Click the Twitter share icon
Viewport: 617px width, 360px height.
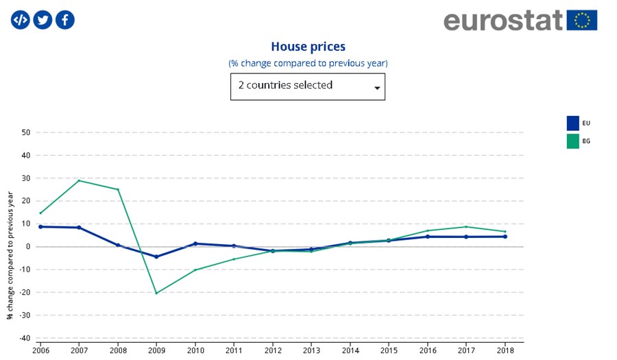pos(43,20)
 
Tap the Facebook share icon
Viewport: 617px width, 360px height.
pos(65,20)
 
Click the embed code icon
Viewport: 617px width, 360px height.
pos(21,20)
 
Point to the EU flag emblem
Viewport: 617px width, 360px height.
pos(582,20)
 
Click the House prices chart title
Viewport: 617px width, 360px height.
pos(308,47)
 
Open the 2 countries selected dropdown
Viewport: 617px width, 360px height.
pos(308,86)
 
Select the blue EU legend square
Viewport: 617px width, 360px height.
pos(572,123)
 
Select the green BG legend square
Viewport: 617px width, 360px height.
pos(572,141)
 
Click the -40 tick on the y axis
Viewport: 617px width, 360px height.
pos(23,338)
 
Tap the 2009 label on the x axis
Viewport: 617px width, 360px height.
pos(156,350)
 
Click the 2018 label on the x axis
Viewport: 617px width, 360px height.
pos(505,350)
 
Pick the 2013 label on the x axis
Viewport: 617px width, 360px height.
pos(311,350)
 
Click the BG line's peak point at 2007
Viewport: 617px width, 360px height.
pos(79,180)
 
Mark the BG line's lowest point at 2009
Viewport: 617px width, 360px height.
pos(156,293)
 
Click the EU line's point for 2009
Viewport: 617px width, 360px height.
pos(156,257)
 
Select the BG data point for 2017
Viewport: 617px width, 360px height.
pos(467,227)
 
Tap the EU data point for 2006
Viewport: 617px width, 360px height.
pos(40,226)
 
